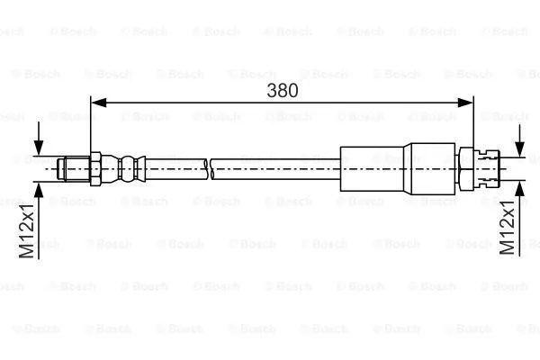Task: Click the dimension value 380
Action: (x=282, y=90)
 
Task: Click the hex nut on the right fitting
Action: (x=466, y=167)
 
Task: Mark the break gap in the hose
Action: (x=209, y=167)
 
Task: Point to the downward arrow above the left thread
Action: (x=39, y=144)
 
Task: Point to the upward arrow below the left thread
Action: (x=39, y=191)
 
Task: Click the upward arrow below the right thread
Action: (x=521, y=191)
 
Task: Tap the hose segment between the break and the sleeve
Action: (x=274, y=167)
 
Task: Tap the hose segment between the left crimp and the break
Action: (x=175, y=166)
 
